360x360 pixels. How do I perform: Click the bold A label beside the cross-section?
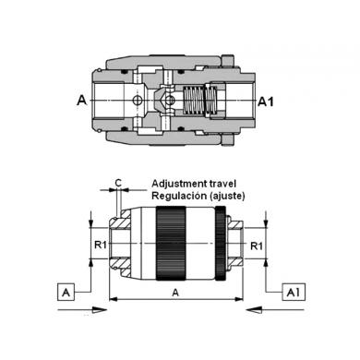(x=82, y=101)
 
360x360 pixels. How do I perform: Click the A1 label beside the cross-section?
(x=266, y=102)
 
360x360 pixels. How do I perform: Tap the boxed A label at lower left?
(x=66, y=293)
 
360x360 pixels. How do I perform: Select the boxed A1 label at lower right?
(x=294, y=292)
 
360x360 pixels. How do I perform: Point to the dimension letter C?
(x=118, y=183)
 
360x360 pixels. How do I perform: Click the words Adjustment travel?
(x=194, y=184)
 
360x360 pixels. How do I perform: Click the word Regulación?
(x=179, y=196)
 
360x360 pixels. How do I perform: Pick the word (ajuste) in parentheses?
(x=227, y=196)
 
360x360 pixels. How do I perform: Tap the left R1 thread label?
(x=101, y=245)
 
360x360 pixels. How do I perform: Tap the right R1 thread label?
(x=257, y=246)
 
